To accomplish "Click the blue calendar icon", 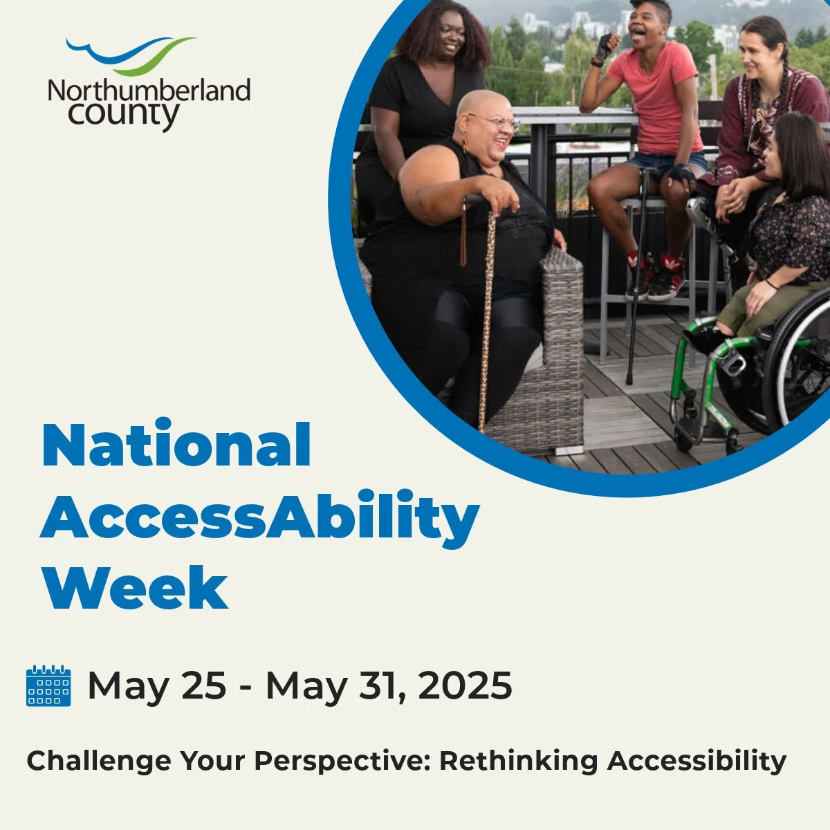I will [x=48, y=685].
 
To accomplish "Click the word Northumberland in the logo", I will [x=149, y=91].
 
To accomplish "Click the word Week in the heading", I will [x=135, y=588].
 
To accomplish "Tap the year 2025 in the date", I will [x=465, y=685].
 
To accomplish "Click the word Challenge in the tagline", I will [x=99, y=761].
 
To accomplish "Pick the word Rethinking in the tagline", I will [x=519, y=761].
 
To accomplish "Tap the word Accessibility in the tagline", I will [x=697, y=761].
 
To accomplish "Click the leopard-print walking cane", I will [x=488, y=311].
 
